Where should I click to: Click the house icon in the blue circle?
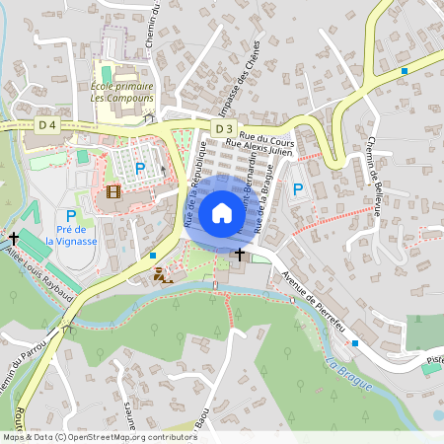click(x=222, y=213)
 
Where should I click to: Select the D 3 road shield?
click(x=224, y=129)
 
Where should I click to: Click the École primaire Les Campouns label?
click(x=122, y=92)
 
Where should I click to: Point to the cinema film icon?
click(x=113, y=190)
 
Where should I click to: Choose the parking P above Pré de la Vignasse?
click(x=71, y=216)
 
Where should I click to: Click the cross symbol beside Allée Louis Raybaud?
click(x=14, y=239)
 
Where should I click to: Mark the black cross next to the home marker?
click(x=238, y=254)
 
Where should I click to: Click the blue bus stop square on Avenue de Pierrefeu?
click(x=354, y=342)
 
